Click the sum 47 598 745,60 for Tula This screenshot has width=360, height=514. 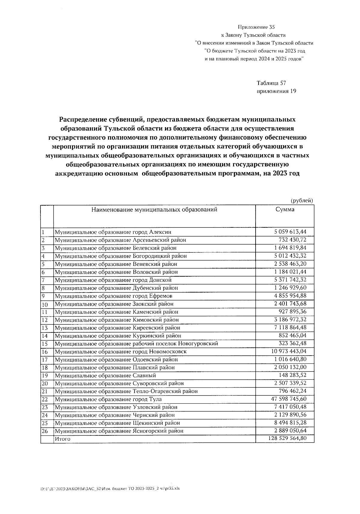288,399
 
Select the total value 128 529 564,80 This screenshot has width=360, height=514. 287,439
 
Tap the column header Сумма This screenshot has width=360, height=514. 285,209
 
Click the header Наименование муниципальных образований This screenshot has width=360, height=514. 154,209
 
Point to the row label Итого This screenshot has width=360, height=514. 62,439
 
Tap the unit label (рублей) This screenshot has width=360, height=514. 302,200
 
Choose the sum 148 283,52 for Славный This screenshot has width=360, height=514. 292,375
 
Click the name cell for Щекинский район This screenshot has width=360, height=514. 117,423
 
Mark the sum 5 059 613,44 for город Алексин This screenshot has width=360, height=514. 290,232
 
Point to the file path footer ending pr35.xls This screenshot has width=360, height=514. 110,488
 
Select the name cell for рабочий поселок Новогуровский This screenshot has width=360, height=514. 136,344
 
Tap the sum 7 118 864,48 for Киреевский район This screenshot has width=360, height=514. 290,327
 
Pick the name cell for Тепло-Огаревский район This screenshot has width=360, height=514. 126,391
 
